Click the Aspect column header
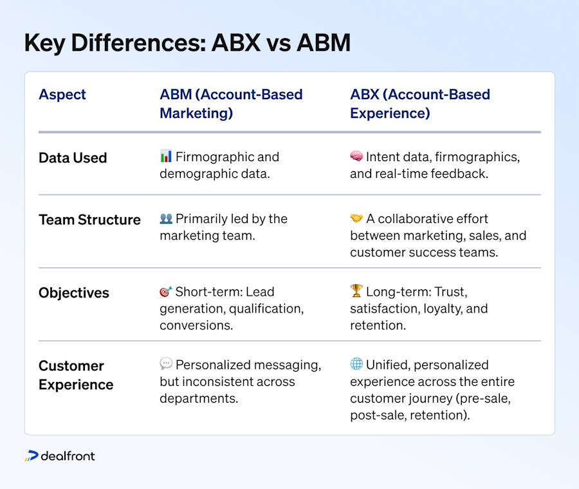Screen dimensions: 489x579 [62, 95]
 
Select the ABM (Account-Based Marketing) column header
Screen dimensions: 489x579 [231, 104]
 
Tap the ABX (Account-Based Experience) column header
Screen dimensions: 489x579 [420, 104]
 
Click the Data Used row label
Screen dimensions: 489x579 [73, 158]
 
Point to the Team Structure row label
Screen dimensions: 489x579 [89, 220]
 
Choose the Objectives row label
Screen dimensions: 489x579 [74, 292]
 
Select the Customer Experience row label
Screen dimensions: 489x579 [76, 375]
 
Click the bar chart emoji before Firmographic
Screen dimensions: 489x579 [166, 156]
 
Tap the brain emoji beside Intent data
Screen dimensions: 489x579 [356, 156]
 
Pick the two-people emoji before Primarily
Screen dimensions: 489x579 [166, 218]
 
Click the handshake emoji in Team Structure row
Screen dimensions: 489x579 [356, 218]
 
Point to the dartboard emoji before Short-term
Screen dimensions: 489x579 [166, 291]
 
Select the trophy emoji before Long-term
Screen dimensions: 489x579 [356, 291]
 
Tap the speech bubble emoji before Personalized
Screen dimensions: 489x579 [166, 365]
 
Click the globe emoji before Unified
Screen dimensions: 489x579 [356, 365]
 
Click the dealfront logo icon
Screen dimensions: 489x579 [32, 456]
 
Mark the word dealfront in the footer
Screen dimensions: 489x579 [68, 456]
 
